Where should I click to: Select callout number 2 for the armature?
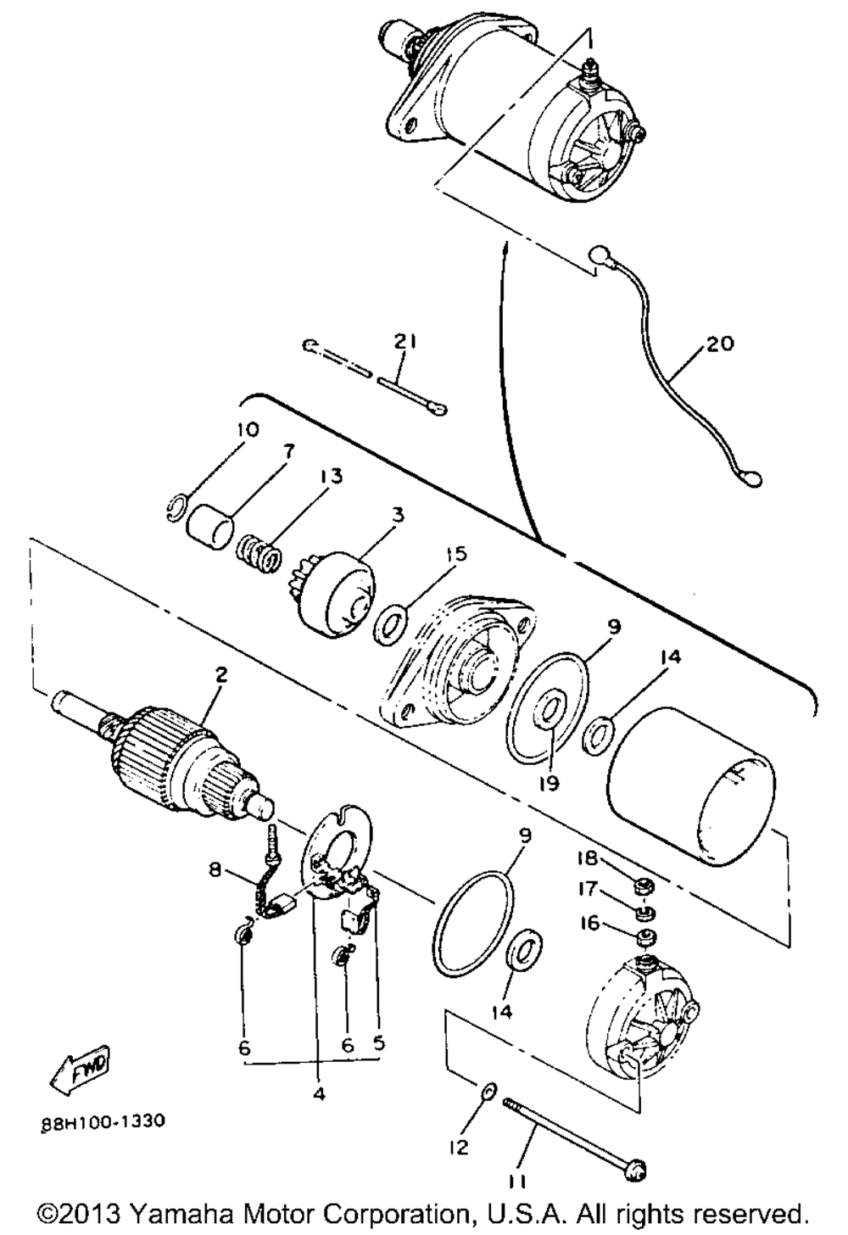pos(221,675)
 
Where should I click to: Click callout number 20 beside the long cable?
pos(720,344)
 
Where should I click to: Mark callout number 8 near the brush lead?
pos(214,870)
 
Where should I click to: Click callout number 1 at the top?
pos(589,41)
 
